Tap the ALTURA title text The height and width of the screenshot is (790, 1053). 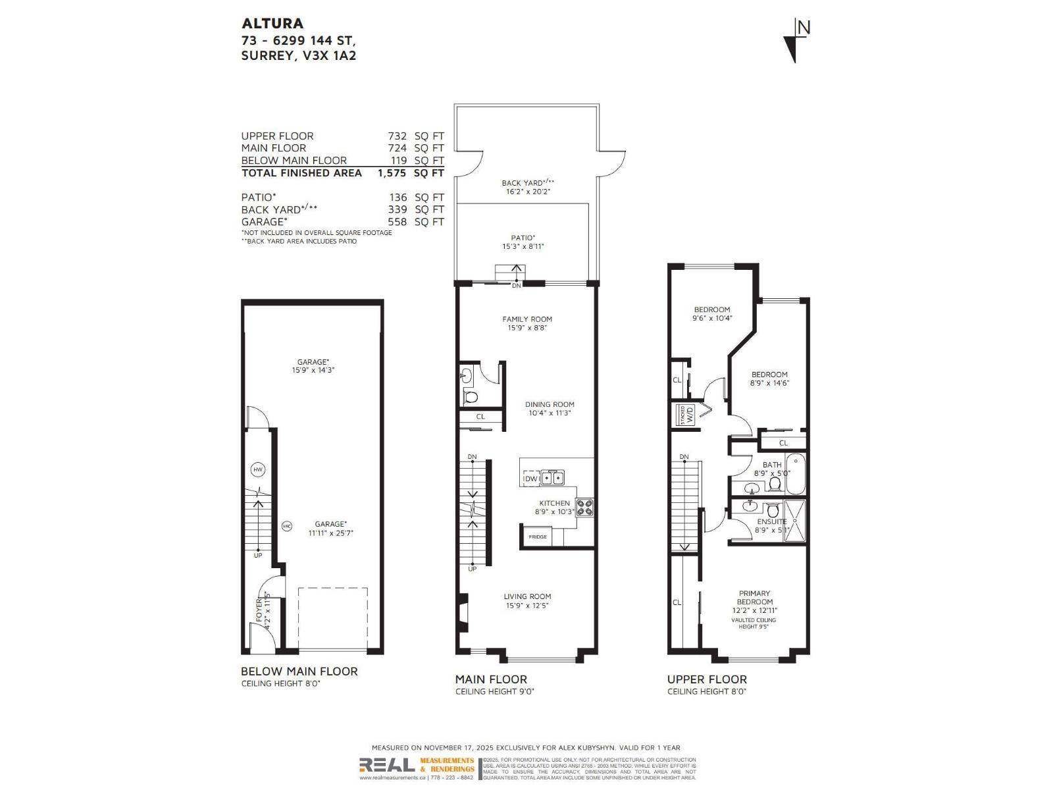tap(272, 23)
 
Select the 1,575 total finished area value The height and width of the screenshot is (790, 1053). tap(393, 172)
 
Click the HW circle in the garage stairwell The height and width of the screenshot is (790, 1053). tap(258, 470)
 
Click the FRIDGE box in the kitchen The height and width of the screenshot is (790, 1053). tap(538, 537)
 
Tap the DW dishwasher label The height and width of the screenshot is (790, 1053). tap(530, 479)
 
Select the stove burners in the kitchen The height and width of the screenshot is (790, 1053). tap(585, 508)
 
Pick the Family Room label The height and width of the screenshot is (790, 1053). tap(526, 319)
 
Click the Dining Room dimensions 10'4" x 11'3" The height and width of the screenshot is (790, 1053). tap(549, 413)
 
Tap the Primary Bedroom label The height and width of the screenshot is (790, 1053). tap(754, 597)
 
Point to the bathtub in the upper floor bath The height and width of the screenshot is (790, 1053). tap(795, 473)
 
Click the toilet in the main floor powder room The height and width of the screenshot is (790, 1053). tap(470, 397)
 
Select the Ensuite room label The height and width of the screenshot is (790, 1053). tap(771, 521)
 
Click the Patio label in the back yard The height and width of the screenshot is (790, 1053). tap(523, 238)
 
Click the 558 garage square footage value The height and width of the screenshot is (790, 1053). tap(397, 222)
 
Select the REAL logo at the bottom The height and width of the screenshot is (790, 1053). tap(387, 765)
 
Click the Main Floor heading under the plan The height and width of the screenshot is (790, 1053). tap(491, 679)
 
